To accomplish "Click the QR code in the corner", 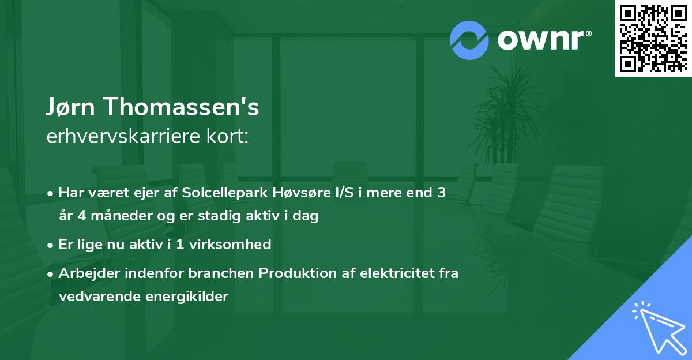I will [x=653, y=39].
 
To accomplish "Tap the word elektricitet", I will [x=391, y=273].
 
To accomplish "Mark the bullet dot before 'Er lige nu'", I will [x=51, y=245].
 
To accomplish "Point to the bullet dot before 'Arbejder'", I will [x=51, y=273].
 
